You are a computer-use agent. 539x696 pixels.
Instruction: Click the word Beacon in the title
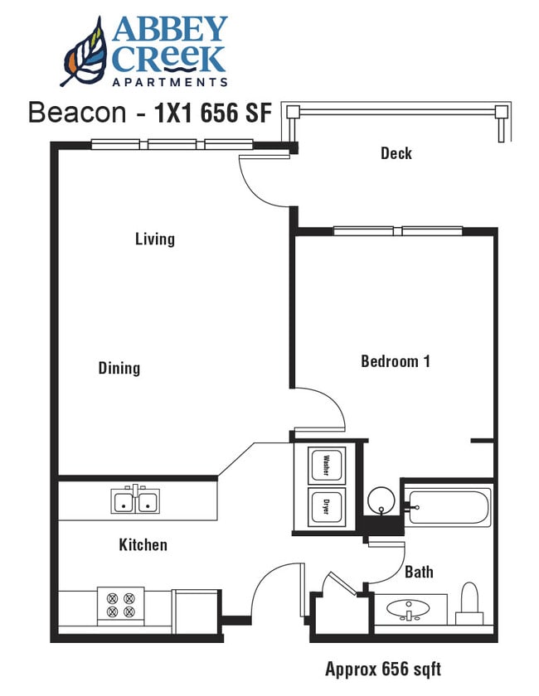[76, 114]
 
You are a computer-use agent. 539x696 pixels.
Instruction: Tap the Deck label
[396, 153]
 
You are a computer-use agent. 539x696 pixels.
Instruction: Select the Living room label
[155, 239]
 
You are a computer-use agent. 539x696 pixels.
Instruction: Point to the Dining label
[119, 368]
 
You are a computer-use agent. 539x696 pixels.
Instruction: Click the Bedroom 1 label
[395, 361]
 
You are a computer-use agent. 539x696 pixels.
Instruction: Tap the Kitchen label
[143, 544]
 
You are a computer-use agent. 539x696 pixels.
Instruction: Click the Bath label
[419, 572]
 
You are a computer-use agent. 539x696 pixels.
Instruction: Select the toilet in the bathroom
[470, 603]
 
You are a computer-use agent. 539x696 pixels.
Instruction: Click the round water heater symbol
[381, 500]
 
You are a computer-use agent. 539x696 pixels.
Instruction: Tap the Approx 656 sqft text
[383, 669]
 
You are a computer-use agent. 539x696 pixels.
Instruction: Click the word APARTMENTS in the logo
[169, 82]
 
